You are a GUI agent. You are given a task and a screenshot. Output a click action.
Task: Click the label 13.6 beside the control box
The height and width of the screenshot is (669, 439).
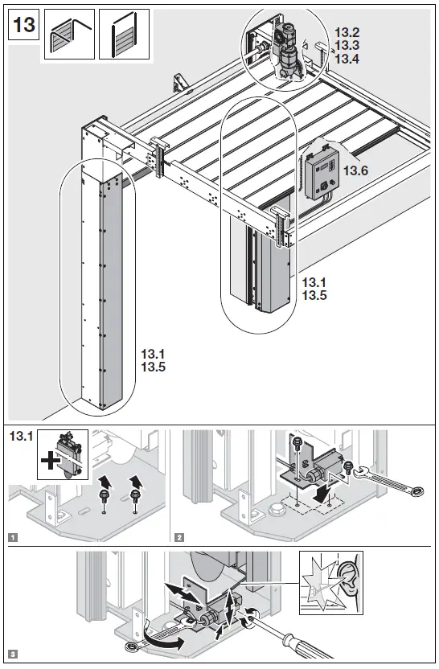[356, 171]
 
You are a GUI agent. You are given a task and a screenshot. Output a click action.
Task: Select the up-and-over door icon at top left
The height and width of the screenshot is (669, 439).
[68, 35]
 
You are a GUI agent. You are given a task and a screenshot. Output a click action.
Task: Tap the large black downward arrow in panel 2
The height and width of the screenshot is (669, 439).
[322, 490]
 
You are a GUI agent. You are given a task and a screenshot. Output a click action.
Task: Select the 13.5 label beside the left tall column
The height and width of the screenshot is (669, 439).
[152, 367]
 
